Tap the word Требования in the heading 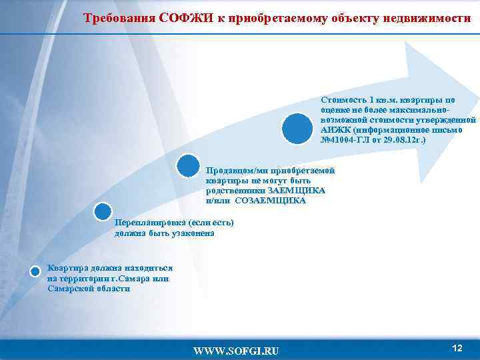click(120, 18)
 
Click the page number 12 click(457, 348)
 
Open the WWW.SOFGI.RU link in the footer click(236, 351)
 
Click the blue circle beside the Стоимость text click(297, 128)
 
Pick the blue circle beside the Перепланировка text click(103, 211)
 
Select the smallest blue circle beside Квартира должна click(37, 271)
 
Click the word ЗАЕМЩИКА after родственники click(301, 190)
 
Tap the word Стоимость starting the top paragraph click(343, 100)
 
